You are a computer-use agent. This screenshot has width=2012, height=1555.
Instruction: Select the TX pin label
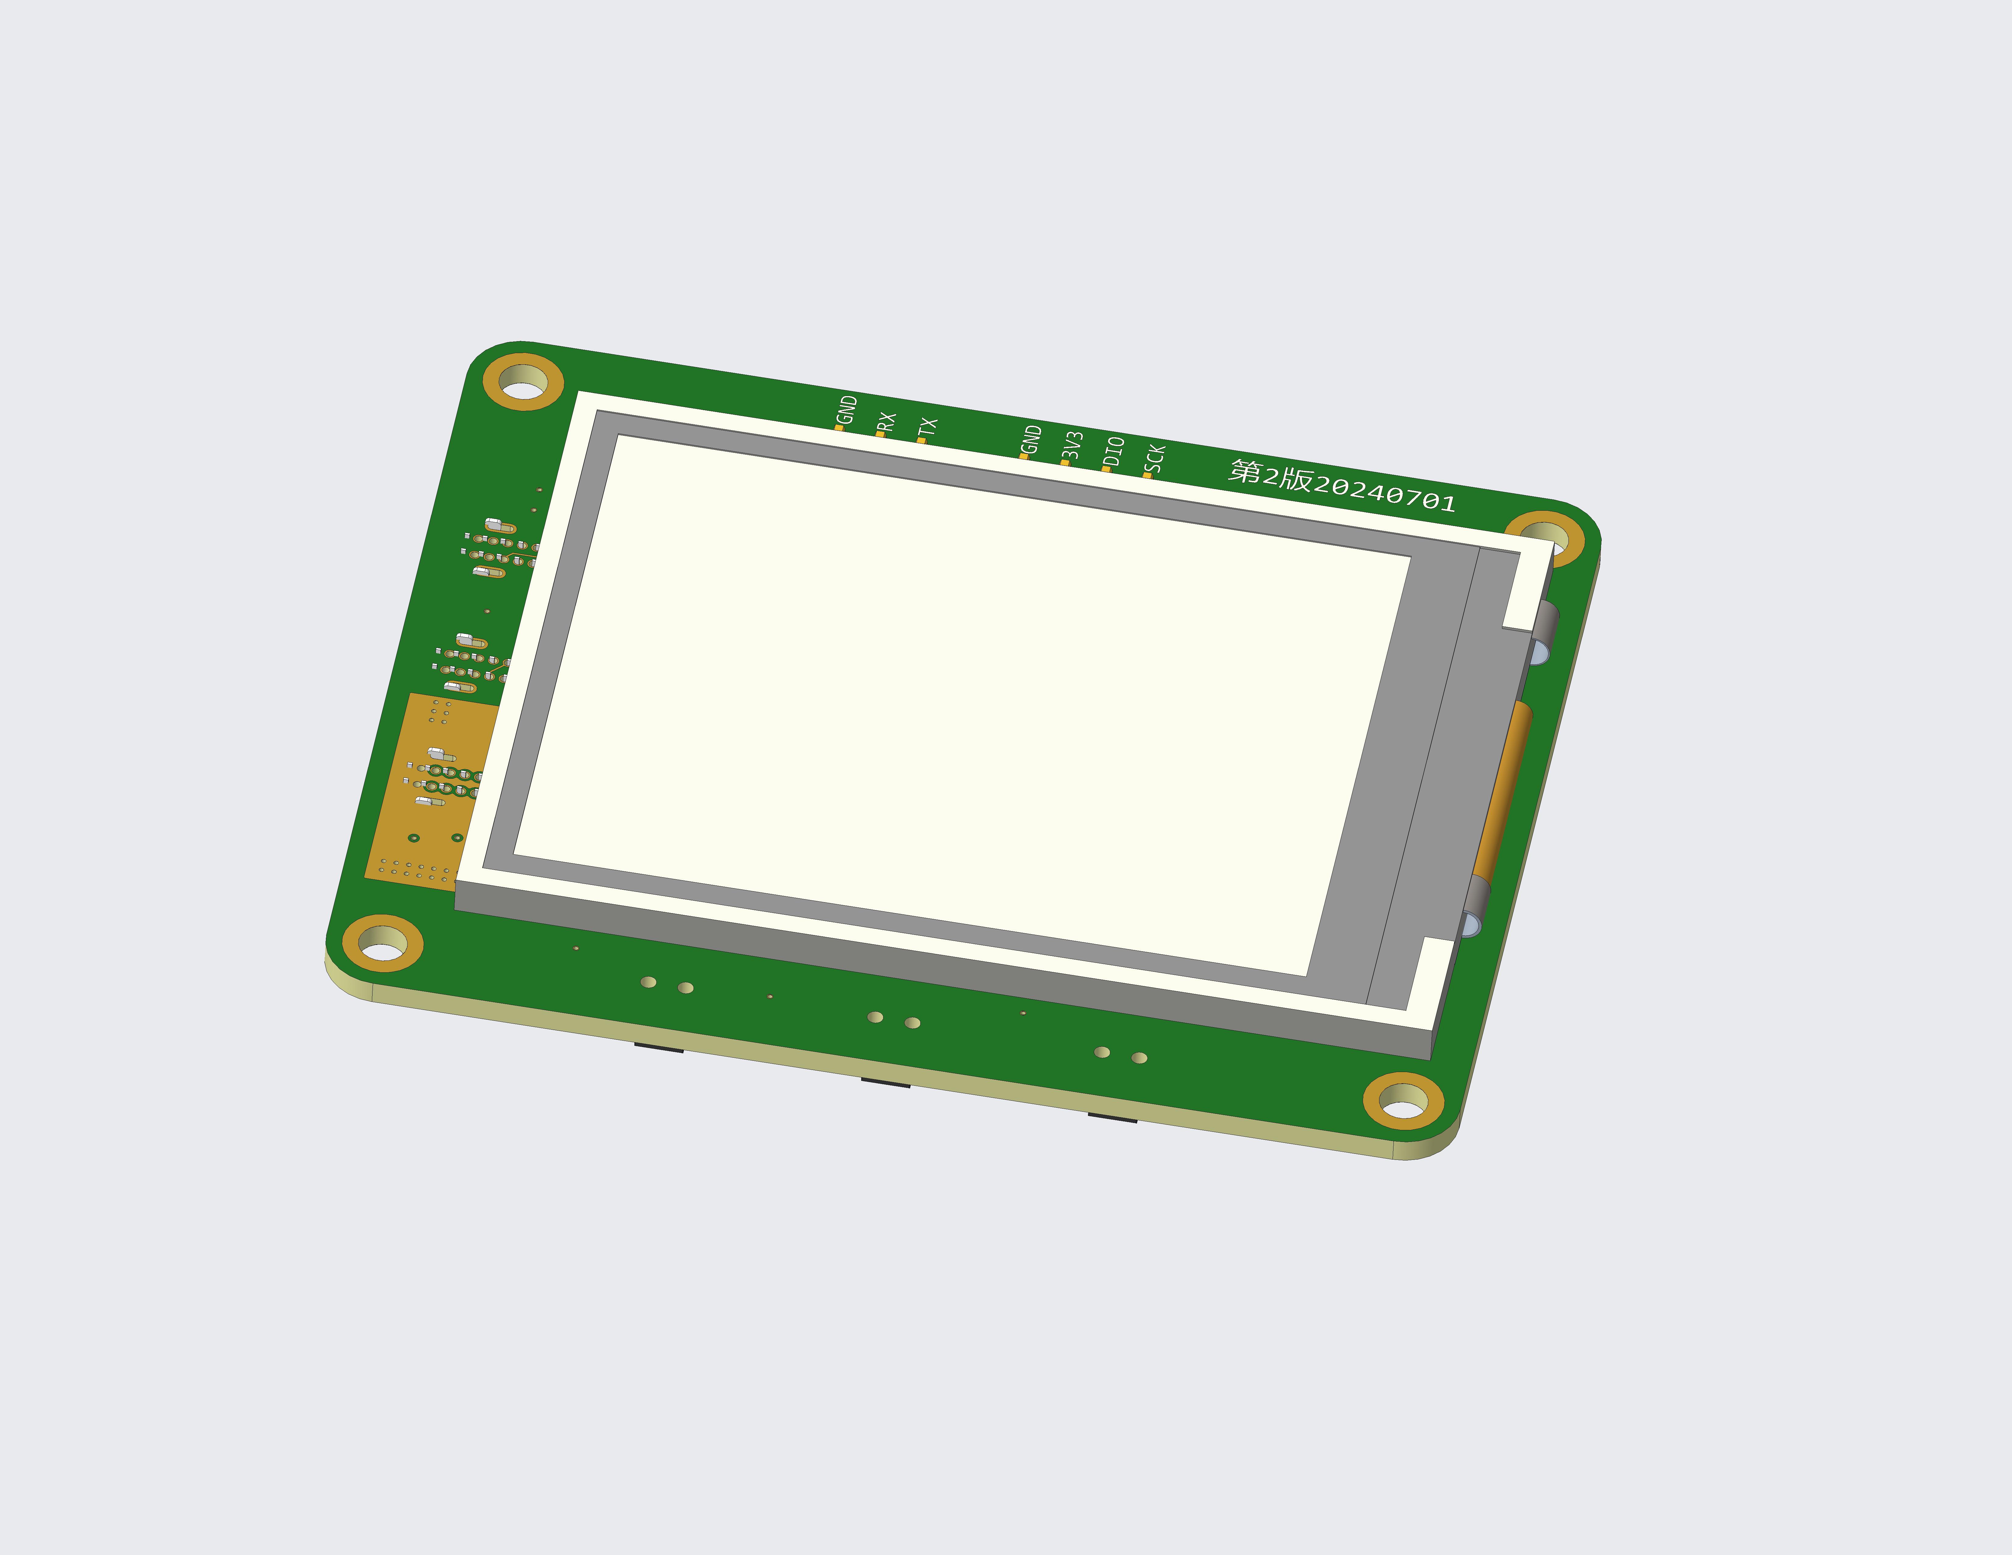click(x=928, y=427)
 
